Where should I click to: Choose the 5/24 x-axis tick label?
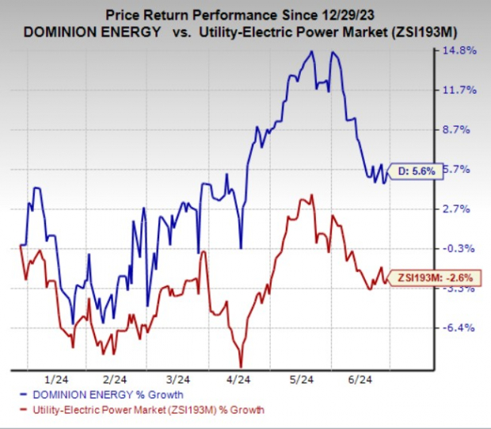tap(304, 379)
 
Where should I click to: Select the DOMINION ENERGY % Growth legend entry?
tap(111, 394)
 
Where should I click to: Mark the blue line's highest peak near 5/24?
tap(312, 52)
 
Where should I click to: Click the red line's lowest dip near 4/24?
tap(241, 365)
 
